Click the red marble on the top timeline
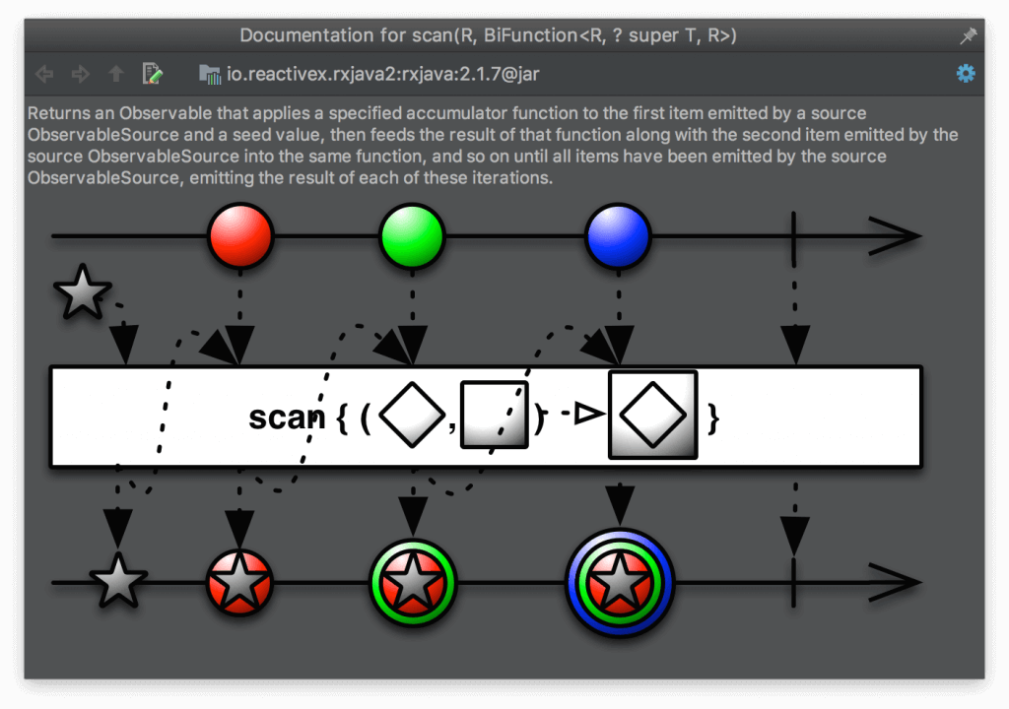(x=240, y=236)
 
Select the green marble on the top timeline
(x=413, y=236)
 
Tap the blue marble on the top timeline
(x=618, y=236)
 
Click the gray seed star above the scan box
(x=82, y=292)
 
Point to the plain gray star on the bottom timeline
(x=118, y=581)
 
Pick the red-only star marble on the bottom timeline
(x=239, y=583)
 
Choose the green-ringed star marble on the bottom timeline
(x=413, y=583)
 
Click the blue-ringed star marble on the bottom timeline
(x=619, y=583)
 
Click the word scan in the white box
(x=286, y=418)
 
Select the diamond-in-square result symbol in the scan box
(x=653, y=416)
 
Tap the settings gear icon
(x=966, y=74)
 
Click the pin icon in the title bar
(x=968, y=35)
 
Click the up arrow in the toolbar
(x=116, y=74)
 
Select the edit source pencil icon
(x=152, y=74)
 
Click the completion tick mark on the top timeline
(x=793, y=236)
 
